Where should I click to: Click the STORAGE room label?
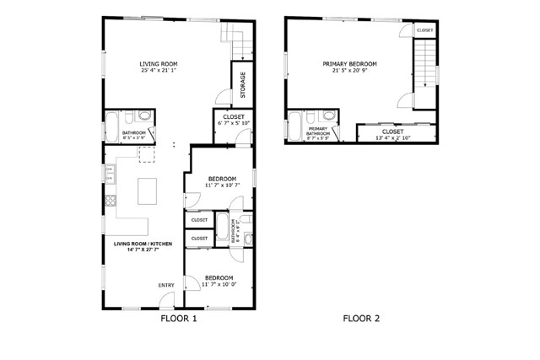click(x=243, y=83)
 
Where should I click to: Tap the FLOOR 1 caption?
click(x=178, y=319)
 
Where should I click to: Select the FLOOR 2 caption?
click(x=361, y=319)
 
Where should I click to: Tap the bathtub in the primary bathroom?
click(x=295, y=126)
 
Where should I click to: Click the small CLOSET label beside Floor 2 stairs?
click(x=425, y=30)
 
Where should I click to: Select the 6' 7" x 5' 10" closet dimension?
click(x=234, y=125)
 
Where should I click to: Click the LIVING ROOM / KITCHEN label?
click(x=143, y=244)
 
